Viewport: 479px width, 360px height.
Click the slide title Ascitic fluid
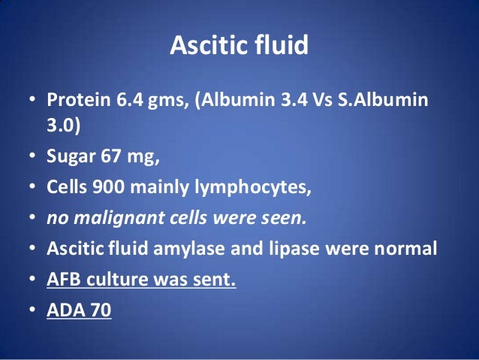click(x=239, y=45)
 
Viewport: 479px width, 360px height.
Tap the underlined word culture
click(x=113, y=280)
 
